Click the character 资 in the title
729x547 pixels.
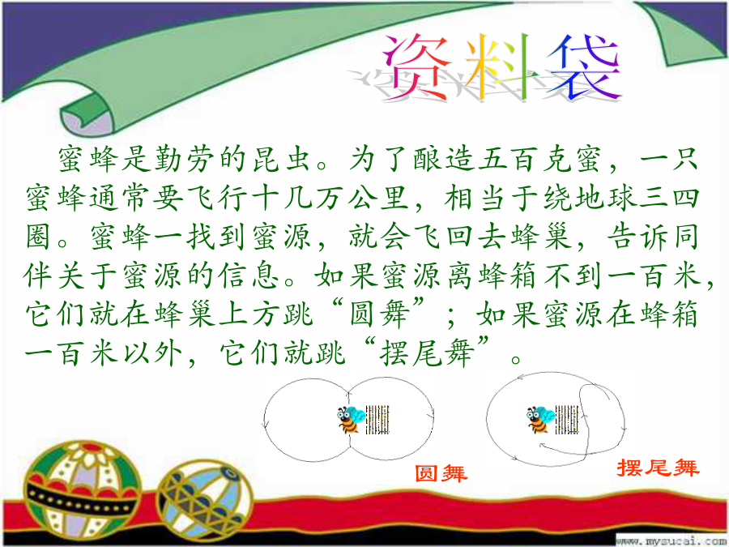tap(417, 66)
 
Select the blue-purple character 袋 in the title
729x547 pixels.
tap(583, 66)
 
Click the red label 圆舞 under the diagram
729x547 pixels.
tap(441, 473)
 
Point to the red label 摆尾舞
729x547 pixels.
tap(658, 468)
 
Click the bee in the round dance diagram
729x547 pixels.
tap(351, 420)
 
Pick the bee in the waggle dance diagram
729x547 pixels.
tap(540, 420)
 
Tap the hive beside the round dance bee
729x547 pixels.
tap(377, 420)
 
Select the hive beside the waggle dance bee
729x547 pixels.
tap(567, 420)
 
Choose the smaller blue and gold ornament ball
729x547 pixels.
tap(205, 500)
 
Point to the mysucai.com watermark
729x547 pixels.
tap(671, 541)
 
